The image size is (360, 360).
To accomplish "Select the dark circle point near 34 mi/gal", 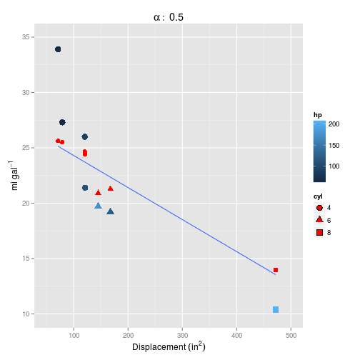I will (x=58, y=49).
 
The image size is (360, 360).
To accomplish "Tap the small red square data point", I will (x=276, y=270).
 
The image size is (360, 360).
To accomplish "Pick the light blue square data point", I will (x=276, y=309).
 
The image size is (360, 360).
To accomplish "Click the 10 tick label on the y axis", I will (x=24, y=314).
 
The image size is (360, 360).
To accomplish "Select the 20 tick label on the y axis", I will (x=24, y=204).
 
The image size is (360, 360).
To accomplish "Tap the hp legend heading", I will (x=318, y=114).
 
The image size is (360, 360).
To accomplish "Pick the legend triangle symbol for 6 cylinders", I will (x=319, y=220).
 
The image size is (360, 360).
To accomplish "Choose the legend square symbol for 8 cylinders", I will (x=319, y=232).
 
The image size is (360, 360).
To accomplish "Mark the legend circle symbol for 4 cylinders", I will (x=319, y=208).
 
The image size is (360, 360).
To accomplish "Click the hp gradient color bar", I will (x=319, y=151).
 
